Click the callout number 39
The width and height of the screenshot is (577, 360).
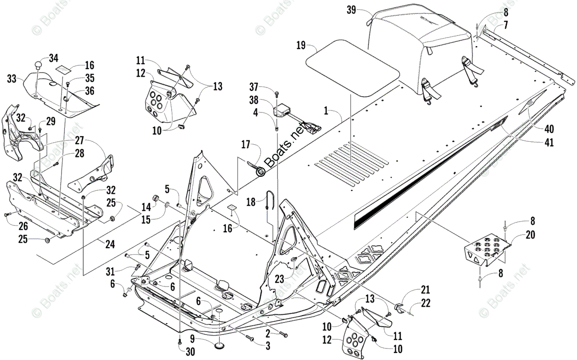[x=351, y=10]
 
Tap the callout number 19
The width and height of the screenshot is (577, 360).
[x=301, y=46]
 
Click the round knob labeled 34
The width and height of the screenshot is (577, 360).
[x=38, y=66]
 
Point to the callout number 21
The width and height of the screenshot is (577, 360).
[x=425, y=290]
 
